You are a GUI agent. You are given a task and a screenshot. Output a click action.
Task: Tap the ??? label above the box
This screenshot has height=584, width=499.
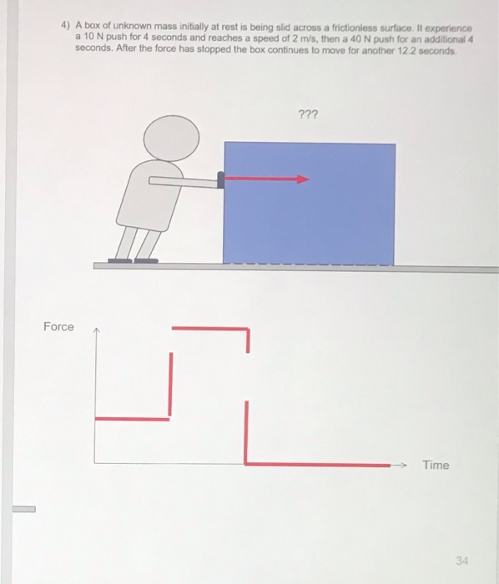click(307, 114)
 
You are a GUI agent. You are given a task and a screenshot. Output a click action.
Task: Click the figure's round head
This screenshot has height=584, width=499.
click(171, 136)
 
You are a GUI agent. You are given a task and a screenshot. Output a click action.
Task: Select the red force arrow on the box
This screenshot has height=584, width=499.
click(267, 178)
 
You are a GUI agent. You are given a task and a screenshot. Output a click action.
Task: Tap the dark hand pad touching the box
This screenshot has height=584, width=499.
click(221, 179)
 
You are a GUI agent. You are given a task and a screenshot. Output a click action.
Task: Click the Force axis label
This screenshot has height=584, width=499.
click(58, 326)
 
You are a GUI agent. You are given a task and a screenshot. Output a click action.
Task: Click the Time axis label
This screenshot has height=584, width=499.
click(435, 466)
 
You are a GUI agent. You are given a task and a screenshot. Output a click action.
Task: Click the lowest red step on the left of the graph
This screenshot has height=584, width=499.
click(134, 419)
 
